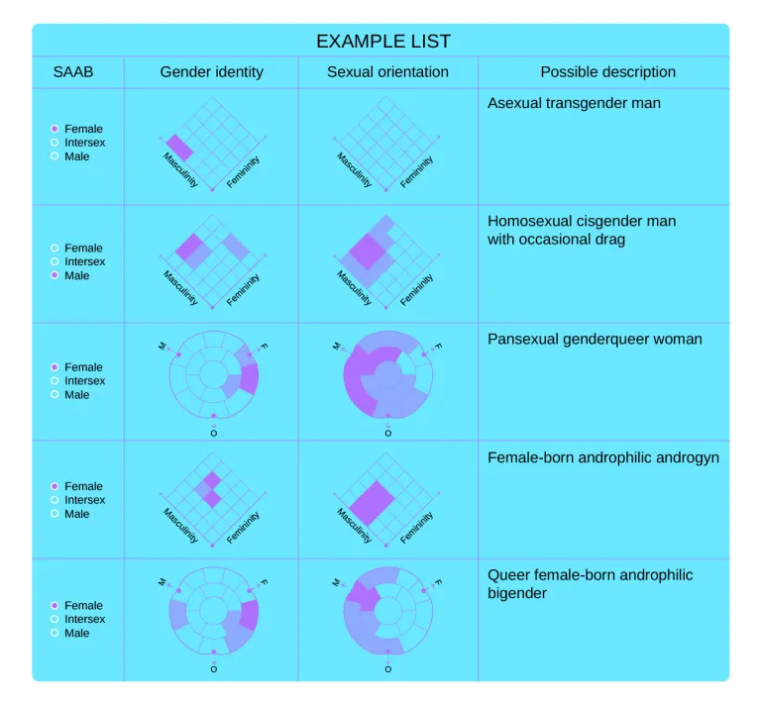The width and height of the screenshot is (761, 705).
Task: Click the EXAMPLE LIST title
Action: coord(383,42)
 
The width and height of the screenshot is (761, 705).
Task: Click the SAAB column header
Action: coord(72,71)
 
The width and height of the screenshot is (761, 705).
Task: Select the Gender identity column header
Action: coord(212,71)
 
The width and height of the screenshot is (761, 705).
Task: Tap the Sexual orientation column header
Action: coord(387,71)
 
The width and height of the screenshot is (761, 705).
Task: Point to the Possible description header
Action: coord(607,71)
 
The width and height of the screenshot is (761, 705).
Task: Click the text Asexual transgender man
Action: coord(574,103)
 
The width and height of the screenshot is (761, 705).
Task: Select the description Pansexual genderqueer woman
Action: coord(595,339)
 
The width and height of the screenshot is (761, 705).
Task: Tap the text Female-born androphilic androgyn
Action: coord(603,457)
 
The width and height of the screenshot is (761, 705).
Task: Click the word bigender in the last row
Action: coord(517,593)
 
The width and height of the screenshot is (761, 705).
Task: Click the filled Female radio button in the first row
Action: coord(54,129)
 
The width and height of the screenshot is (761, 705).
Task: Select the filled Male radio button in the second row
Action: coord(54,275)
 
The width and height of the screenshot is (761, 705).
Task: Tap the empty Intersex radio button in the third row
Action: coord(54,380)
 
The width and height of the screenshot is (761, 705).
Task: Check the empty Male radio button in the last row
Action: coord(54,633)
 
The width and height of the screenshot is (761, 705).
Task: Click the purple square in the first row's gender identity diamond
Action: coord(179,148)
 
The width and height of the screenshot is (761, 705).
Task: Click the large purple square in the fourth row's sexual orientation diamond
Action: coord(372,503)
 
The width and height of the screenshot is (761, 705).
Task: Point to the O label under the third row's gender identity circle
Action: coord(214,433)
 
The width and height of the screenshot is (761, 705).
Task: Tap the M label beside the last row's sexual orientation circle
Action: coord(336,582)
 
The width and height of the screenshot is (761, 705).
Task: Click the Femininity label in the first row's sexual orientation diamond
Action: coord(416,172)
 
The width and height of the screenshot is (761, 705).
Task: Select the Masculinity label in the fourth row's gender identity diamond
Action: coord(180,526)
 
